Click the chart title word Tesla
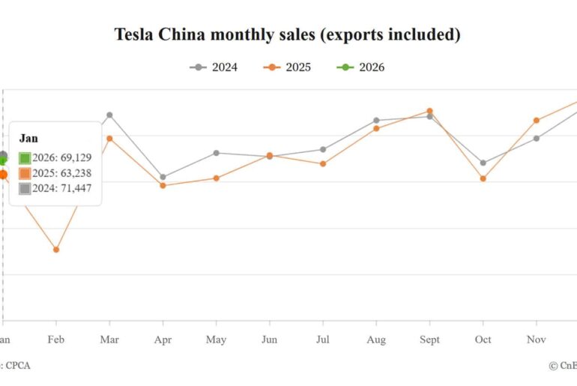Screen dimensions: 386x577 point(133,34)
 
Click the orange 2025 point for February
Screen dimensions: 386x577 point(56,250)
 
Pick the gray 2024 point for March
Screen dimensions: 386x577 point(109,115)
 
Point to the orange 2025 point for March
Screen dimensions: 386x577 point(109,138)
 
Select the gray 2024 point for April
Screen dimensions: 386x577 point(163,177)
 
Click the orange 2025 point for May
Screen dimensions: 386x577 point(217,178)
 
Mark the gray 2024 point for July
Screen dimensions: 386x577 point(323,149)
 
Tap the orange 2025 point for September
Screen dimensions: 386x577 point(429,111)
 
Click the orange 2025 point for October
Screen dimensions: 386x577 point(483,178)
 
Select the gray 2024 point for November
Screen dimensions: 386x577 point(537,138)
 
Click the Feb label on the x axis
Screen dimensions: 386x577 point(56,340)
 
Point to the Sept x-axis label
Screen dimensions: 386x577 point(429,340)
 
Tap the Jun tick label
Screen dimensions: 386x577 point(269,340)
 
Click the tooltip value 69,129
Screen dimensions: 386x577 point(73,157)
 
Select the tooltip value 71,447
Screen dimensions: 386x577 point(73,188)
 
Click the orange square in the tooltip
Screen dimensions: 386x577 point(25,173)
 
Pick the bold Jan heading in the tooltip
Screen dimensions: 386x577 point(28,139)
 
